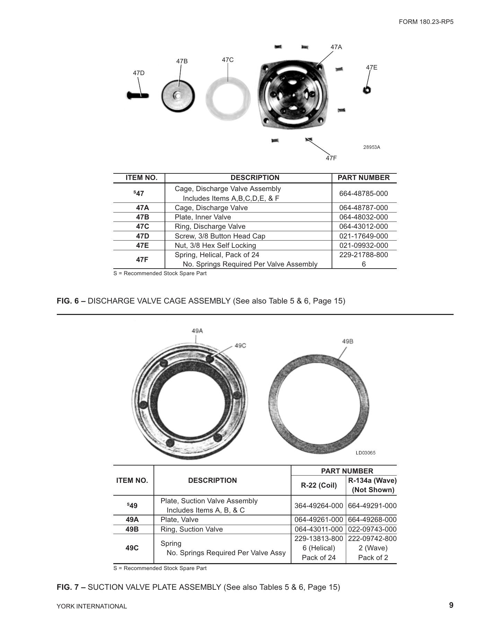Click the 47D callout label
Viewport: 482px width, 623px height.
(x=139, y=73)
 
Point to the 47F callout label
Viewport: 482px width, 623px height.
(x=331, y=158)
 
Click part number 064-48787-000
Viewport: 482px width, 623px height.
(x=363, y=208)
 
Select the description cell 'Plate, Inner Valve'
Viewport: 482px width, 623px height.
(x=203, y=217)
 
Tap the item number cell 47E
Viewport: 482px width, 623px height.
(x=142, y=245)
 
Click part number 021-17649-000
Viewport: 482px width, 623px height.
(x=363, y=236)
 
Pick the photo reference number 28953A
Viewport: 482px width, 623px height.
(x=371, y=147)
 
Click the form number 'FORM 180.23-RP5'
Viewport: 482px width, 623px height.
(x=426, y=22)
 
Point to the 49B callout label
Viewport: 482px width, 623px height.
(x=348, y=341)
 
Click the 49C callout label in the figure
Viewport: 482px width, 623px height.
(x=240, y=345)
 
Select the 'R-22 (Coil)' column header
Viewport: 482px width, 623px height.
(x=318, y=485)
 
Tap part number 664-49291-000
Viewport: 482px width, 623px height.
(x=372, y=506)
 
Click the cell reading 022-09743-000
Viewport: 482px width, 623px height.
(x=372, y=529)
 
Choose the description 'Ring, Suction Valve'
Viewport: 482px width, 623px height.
(x=192, y=529)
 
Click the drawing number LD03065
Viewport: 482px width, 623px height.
(x=365, y=453)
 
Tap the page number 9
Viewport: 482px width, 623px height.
(x=451, y=605)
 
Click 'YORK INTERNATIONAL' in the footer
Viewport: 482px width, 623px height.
(x=92, y=606)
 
